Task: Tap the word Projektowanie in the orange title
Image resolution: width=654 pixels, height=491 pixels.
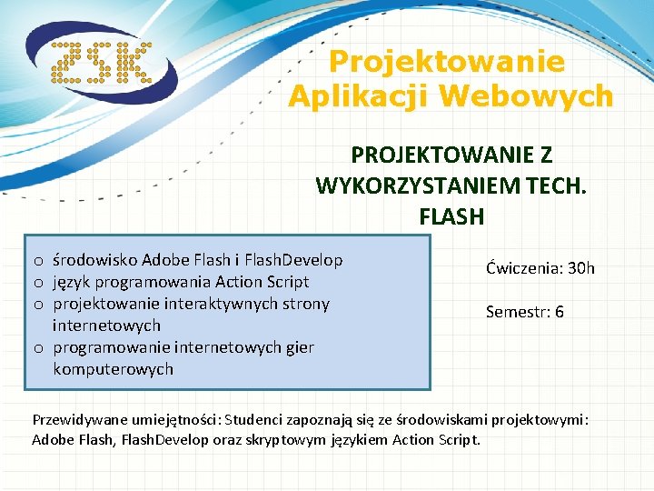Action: pyautogui.click(x=446, y=62)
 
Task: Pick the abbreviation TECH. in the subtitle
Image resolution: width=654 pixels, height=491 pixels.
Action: pyautogui.click(x=545, y=186)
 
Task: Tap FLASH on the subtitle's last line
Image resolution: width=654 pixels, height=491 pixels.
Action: pyautogui.click(x=451, y=216)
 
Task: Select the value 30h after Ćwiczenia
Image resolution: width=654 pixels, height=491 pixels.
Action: pyautogui.click(x=579, y=268)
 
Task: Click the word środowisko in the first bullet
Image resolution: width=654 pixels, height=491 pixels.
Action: pyautogui.click(x=94, y=260)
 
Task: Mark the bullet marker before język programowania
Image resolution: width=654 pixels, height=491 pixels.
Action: pyautogui.click(x=39, y=283)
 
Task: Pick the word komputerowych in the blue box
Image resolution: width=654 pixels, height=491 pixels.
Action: pyautogui.click(x=113, y=369)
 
